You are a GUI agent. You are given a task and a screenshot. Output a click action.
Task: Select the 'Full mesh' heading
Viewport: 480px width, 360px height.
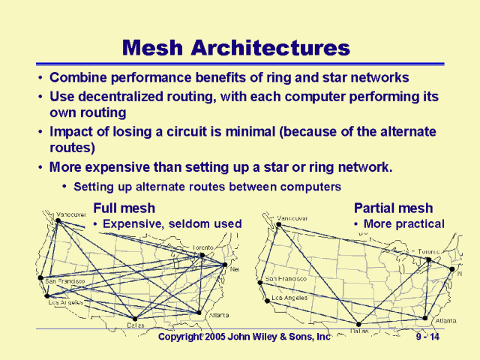(x=124, y=208)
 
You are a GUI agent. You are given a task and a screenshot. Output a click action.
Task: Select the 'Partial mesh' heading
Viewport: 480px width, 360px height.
(x=393, y=208)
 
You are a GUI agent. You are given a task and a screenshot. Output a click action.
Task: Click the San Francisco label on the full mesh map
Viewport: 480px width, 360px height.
(x=65, y=281)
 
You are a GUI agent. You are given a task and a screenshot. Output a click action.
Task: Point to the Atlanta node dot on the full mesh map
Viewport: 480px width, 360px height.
(x=199, y=313)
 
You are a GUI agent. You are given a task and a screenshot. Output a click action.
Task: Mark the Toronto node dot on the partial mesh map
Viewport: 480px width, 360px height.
(x=428, y=260)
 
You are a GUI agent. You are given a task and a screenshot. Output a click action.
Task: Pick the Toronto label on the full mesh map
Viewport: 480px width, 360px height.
(x=203, y=247)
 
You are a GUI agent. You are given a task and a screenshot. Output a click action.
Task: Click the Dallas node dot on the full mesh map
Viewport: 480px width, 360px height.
(x=134, y=318)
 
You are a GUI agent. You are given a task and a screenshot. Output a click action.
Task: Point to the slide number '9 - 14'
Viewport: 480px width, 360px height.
(x=431, y=337)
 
